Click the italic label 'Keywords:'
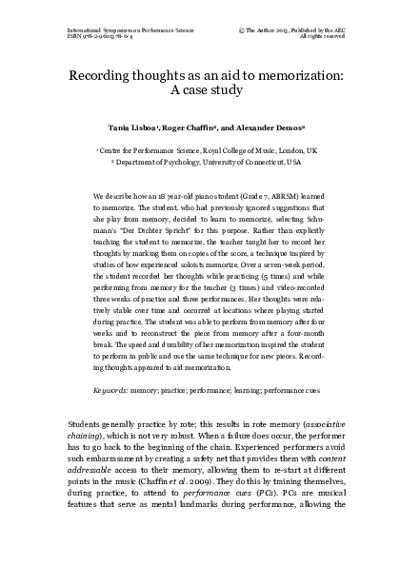click(113, 390)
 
